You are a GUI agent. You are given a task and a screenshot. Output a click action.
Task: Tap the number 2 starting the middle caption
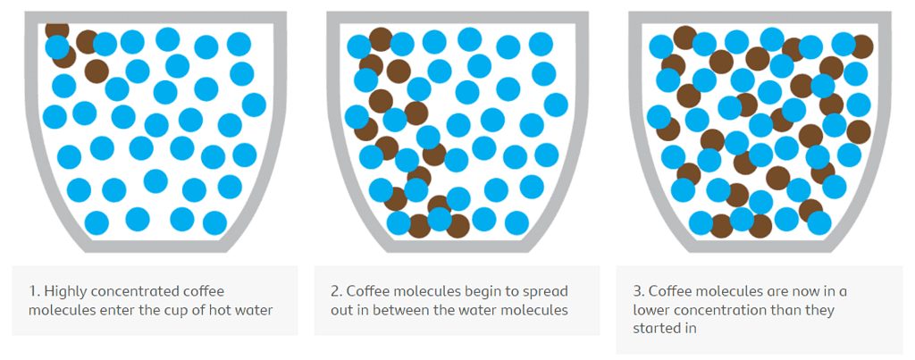pos(335,291)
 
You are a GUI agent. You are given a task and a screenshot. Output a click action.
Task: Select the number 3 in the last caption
pos(637,291)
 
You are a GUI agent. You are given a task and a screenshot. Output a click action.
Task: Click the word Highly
pos(64,291)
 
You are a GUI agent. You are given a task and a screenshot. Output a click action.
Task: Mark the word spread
pos(547,291)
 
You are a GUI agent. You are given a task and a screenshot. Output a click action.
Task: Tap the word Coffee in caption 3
pos(670,291)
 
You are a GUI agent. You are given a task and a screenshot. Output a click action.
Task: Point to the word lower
pos(654,310)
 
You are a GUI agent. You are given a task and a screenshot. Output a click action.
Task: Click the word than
pos(789,310)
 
